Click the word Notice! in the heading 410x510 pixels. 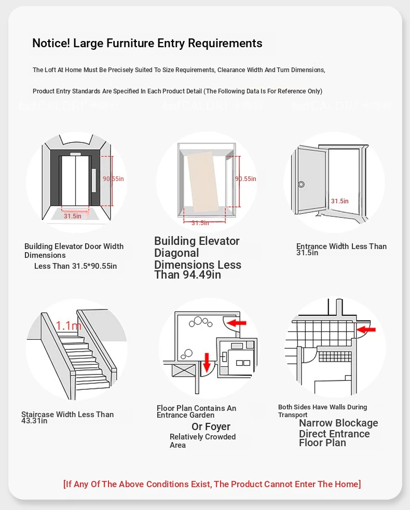tap(51, 44)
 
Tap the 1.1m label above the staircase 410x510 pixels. tap(69, 326)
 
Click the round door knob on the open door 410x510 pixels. tap(301, 184)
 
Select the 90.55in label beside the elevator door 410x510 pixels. tap(113, 179)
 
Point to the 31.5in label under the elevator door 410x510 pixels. tap(73, 216)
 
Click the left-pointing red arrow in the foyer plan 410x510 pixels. tap(237, 323)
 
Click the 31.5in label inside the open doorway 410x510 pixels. tap(340, 201)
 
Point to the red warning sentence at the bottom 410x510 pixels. tap(212, 484)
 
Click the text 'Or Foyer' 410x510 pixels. tap(211, 426)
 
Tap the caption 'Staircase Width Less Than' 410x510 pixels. tap(67, 415)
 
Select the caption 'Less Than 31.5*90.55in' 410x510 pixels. tap(76, 266)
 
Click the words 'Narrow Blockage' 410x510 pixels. tap(338, 423)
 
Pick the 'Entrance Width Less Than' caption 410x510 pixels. tap(341, 246)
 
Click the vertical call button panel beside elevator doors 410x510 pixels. tap(94, 180)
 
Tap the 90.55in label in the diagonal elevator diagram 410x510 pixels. tap(245, 179)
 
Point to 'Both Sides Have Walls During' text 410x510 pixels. tap(322, 407)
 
